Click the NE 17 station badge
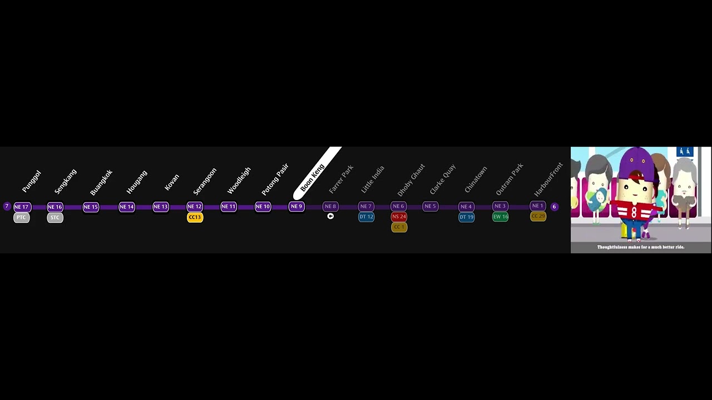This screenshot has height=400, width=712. pyautogui.click(x=21, y=207)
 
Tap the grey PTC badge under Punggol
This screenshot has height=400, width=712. pyautogui.click(x=21, y=217)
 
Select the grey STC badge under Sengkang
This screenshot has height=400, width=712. pyautogui.click(x=55, y=217)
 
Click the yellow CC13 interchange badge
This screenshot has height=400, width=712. pyautogui.click(x=195, y=217)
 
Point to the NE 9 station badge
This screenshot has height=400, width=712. pyautogui.click(x=296, y=207)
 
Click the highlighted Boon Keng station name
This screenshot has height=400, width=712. pyautogui.click(x=313, y=177)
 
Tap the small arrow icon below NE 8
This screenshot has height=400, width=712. pyautogui.click(x=330, y=216)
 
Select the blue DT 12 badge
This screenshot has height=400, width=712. pyautogui.click(x=366, y=217)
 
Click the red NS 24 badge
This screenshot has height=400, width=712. pyautogui.click(x=399, y=217)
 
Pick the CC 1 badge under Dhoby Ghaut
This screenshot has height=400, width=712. pyautogui.click(x=399, y=227)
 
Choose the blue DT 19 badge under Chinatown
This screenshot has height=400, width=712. pyautogui.click(x=466, y=217)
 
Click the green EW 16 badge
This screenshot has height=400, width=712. pyautogui.click(x=500, y=217)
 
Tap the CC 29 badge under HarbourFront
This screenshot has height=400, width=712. pyautogui.click(x=538, y=216)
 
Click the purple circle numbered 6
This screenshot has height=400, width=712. pyautogui.click(x=554, y=207)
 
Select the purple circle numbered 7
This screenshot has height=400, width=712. pyautogui.click(x=7, y=207)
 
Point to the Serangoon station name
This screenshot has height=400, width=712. pyautogui.click(x=205, y=181)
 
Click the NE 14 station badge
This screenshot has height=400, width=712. pyautogui.click(x=127, y=207)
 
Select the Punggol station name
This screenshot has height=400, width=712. pyautogui.click(x=32, y=182)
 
